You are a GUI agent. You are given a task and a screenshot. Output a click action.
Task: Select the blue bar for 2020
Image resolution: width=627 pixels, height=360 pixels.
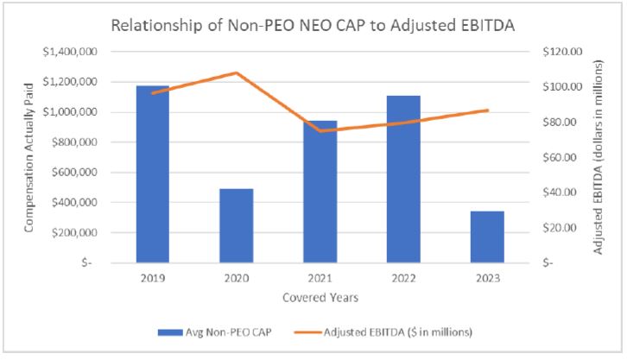236,225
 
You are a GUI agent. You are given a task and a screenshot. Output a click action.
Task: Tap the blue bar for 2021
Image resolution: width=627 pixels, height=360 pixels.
320,192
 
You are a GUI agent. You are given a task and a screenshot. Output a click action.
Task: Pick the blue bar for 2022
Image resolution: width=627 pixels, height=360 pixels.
403,179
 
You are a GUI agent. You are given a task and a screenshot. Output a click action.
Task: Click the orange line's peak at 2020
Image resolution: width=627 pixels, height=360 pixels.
236,73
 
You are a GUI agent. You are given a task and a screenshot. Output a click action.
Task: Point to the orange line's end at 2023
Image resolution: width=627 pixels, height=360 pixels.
487,111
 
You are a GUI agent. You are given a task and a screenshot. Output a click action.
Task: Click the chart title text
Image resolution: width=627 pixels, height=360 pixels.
313,25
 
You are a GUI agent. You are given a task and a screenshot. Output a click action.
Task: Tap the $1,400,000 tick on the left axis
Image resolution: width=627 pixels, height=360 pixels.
75,52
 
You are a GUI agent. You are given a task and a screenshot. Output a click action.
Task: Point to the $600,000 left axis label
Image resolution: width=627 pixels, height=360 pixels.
79,173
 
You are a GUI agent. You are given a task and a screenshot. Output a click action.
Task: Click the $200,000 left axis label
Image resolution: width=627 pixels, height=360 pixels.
79,233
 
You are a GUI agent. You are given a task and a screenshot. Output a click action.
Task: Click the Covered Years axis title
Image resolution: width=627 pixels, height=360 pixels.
320,298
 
